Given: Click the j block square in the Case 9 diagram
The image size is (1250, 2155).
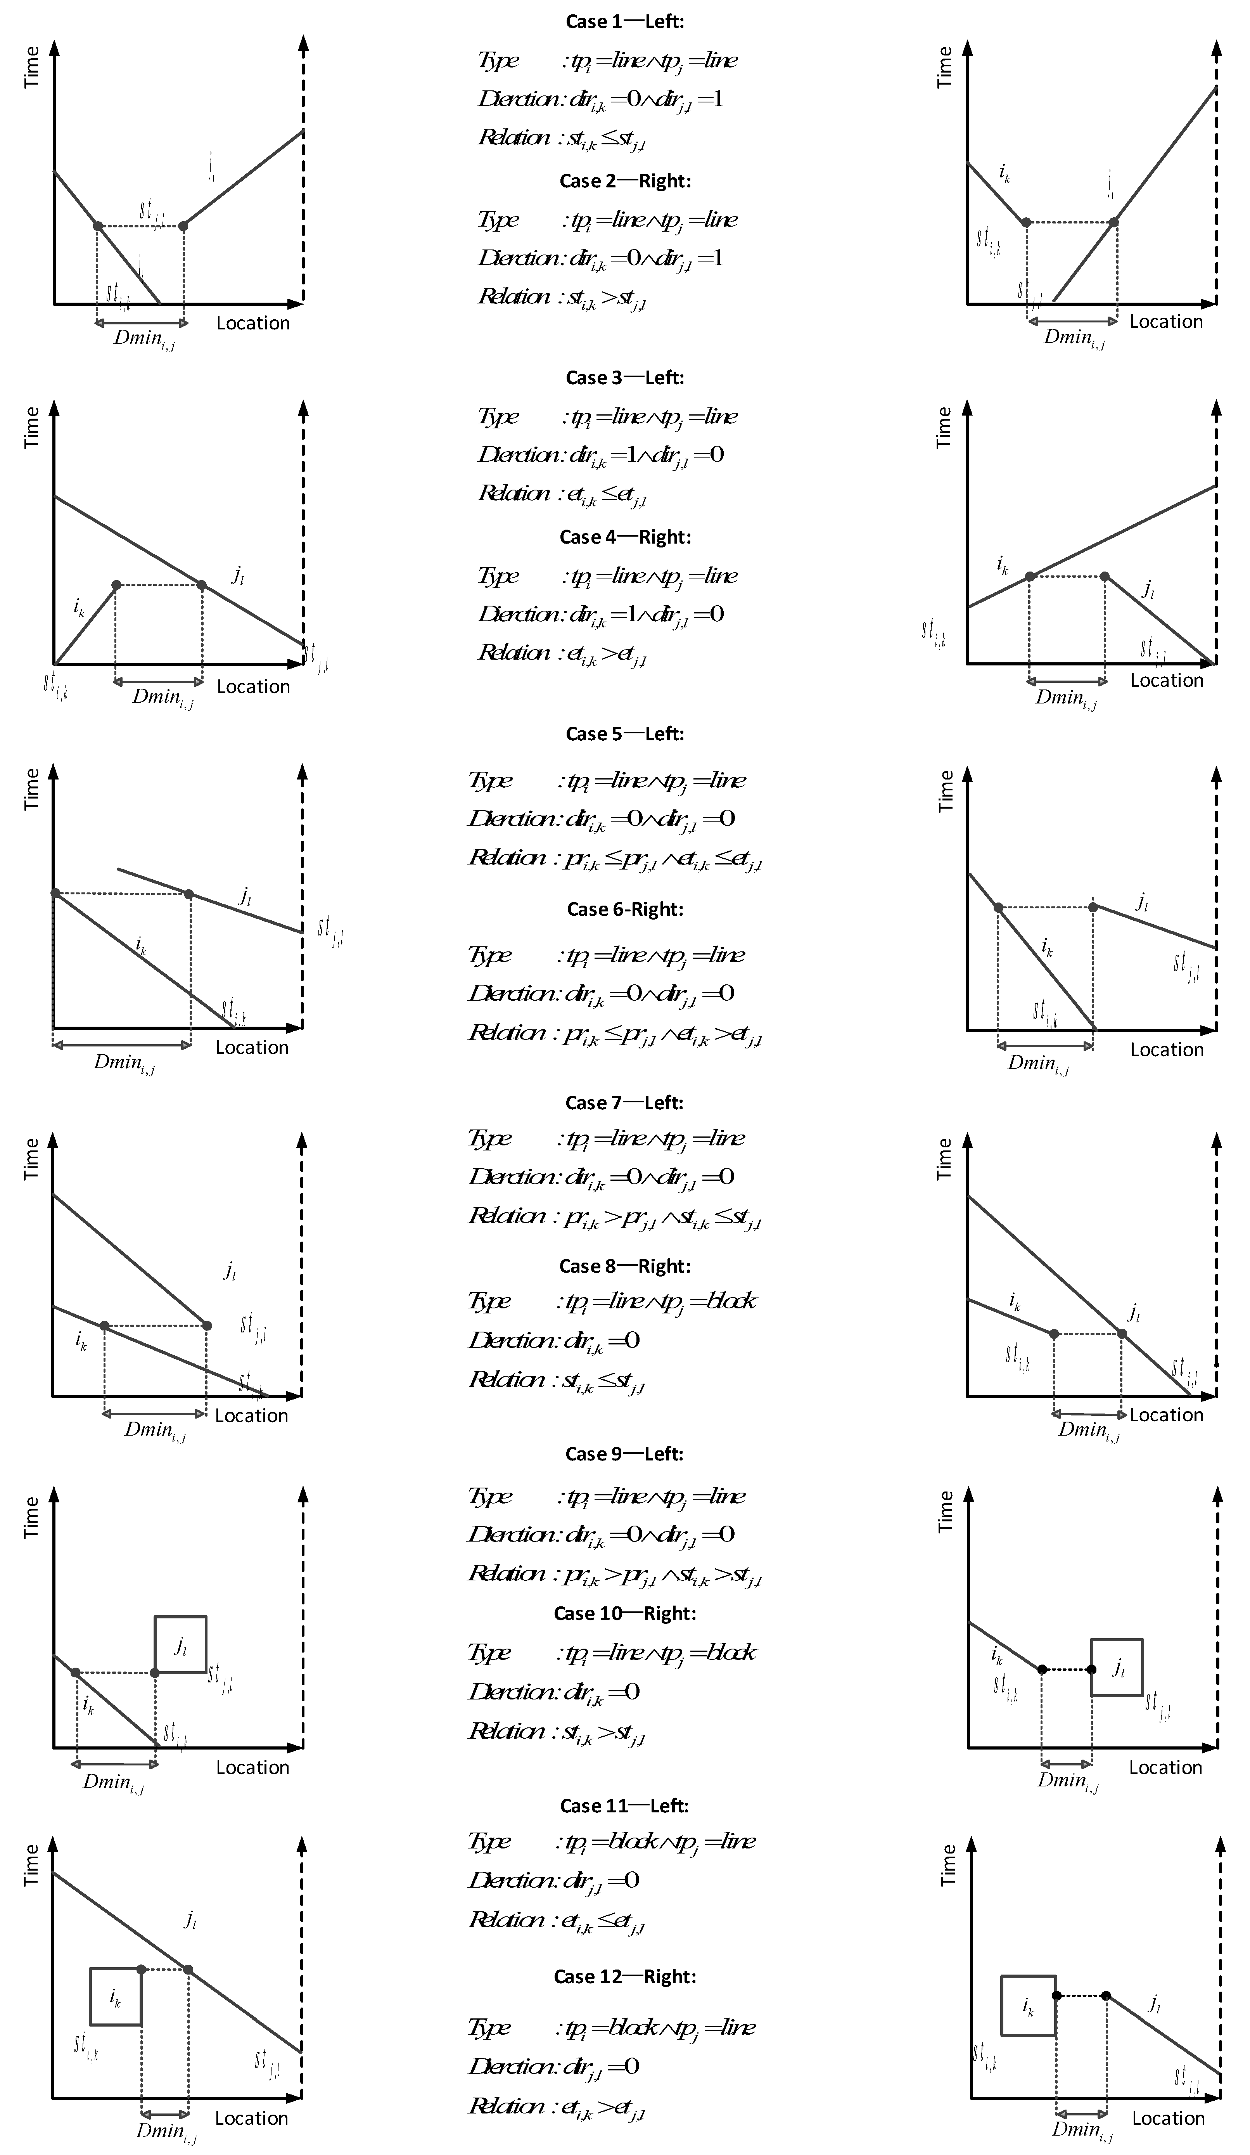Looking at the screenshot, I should [180, 1644].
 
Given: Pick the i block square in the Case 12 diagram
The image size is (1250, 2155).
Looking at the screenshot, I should [1029, 2005].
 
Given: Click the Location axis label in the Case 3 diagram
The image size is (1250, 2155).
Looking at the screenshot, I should [253, 687].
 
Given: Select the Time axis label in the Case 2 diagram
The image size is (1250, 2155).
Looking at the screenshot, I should [945, 67].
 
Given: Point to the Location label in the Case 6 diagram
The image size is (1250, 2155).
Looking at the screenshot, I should [1166, 1049].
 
